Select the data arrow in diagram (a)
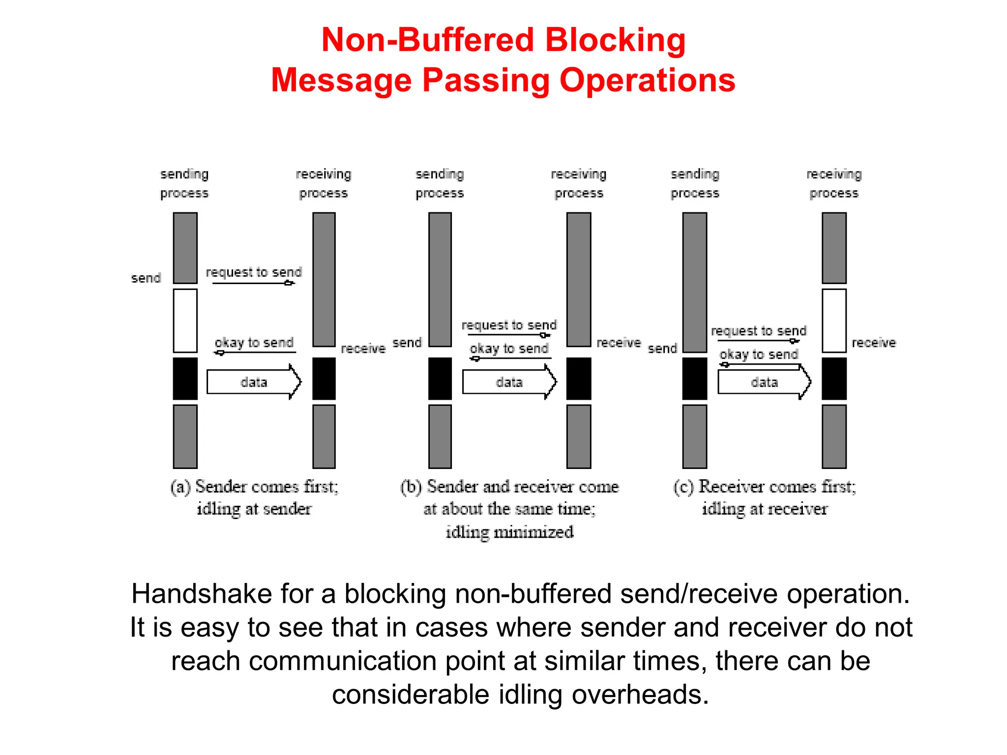(x=254, y=382)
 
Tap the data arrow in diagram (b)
(x=509, y=382)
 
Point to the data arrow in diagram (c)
(x=764, y=382)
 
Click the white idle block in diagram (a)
(x=185, y=320)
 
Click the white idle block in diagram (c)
(x=834, y=320)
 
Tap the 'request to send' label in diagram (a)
(x=254, y=272)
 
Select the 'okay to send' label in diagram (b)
(x=509, y=348)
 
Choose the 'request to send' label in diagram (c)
(x=759, y=331)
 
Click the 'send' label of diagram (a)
(x=146, y=278)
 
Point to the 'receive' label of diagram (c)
(x=873, y=343)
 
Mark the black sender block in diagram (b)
(x=440, y=378)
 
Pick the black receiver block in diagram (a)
(x=324, y=378)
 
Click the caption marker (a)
(x=180, y=487)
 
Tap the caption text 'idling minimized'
(x=509, y=532)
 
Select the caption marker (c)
(x=683, y=487)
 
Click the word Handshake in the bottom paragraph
(x=202, y=594)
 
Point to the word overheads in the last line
(x=640, y=695)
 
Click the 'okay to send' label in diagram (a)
(x=254, y=343)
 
